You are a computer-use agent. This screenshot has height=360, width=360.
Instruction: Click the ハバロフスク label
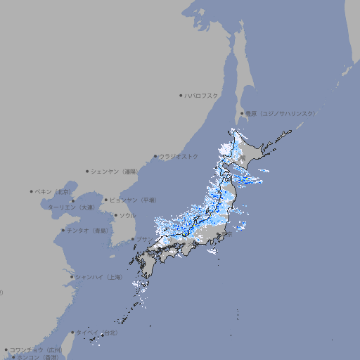(x=202, y=95)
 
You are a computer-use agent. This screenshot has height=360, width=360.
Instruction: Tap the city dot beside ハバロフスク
(x=181, y=95)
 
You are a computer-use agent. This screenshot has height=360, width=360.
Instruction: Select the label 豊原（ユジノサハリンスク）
(x=280, y=113)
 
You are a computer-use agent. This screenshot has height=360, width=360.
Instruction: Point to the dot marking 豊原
(x=242, y=113)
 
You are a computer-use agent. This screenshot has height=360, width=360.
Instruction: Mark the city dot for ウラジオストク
(x=156, y=156)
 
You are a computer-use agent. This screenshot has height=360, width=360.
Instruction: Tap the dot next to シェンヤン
(x=88, y=171)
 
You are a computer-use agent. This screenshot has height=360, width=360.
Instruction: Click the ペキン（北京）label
(x=54, y=191)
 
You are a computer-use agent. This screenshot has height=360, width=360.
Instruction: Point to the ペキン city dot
(x=32, y=191)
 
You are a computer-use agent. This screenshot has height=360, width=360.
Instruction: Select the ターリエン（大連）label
(x=70, y=207)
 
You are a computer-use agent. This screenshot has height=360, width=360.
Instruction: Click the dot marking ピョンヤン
(x=107, y=200)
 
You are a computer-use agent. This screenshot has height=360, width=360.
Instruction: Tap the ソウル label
(x=127, y=215)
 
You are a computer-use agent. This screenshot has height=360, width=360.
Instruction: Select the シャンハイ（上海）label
(x=98, y=277)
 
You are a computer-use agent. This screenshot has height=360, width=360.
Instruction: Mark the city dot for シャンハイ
(x=72, y=277)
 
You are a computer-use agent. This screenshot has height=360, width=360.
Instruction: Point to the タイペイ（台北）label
(x=98, y=333)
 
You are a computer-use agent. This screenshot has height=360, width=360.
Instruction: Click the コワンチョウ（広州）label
(x=36, y=349)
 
